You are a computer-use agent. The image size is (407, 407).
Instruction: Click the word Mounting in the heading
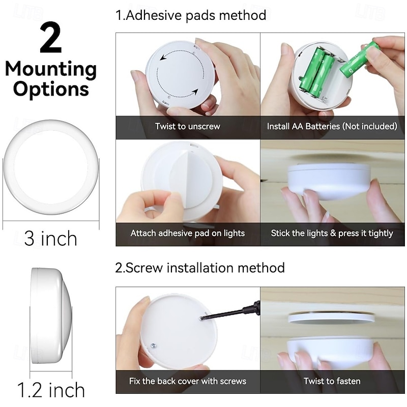(50, 69)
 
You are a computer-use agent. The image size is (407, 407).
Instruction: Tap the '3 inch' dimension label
(50, 238)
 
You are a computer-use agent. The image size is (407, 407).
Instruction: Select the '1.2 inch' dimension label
(50, 390)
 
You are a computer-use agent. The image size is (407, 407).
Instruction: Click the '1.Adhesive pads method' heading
(191, 15)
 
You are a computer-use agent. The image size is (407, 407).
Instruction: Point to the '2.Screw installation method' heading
(200, 268)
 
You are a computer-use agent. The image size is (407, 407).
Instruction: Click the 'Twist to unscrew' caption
(188, 126)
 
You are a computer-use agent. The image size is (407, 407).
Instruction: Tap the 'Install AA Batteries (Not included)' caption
(332, 126)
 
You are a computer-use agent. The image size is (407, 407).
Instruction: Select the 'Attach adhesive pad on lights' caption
(188, 233)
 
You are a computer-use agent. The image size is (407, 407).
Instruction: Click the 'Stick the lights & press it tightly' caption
(332, 233)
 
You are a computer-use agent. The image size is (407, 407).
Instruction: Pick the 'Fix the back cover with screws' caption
(188, 381)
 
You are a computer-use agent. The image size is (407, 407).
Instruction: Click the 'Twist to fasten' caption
(332, 381)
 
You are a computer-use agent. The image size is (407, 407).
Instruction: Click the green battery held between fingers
(359, 60)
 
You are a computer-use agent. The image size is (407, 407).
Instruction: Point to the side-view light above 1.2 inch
(50, 315)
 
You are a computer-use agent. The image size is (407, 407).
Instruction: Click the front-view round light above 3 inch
(50, 167)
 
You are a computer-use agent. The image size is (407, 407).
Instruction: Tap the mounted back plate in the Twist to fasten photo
(331, 317)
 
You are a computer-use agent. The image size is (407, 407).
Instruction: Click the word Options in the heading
(50, 89)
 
